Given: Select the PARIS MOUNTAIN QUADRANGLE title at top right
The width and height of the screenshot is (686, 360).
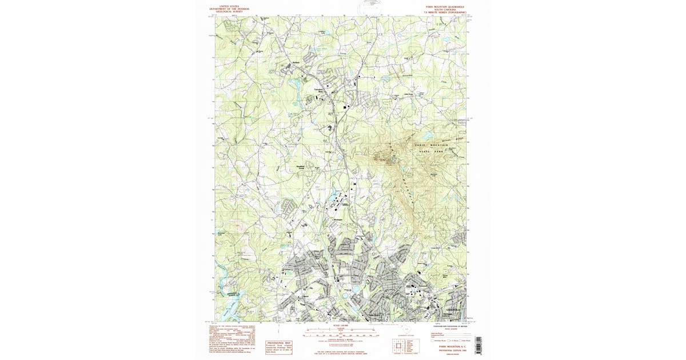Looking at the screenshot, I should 445,6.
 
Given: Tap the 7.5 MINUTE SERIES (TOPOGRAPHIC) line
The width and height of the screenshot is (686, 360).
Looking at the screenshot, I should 445,12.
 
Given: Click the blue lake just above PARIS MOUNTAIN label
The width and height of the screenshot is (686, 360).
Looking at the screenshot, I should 426,135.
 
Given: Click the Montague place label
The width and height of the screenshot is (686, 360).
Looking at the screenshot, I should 337,219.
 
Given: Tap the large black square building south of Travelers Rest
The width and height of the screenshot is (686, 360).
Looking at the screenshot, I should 345,106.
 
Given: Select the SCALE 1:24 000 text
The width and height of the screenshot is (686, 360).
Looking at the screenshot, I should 332,327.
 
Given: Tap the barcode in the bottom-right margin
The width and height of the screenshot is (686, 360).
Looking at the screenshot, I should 478,345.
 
